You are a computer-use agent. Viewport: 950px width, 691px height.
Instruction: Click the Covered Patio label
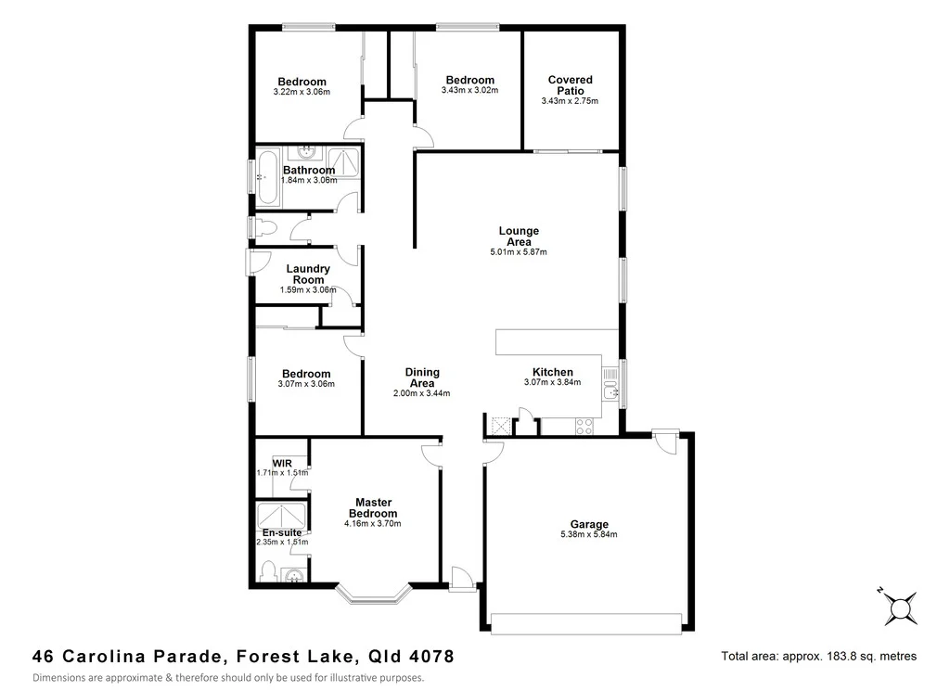[570, 85]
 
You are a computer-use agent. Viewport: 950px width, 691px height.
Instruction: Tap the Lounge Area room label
[519, 237]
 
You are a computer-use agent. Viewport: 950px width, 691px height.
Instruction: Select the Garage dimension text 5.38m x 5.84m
[588, 534]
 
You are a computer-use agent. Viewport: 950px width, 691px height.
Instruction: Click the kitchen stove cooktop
[585, 427]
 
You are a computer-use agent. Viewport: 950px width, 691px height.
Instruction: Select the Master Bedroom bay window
[373, 595]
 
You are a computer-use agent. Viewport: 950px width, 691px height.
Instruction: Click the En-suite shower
[282, 515]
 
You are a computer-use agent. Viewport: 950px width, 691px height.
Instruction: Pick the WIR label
[282, 463]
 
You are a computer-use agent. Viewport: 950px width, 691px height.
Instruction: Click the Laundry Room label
[308, 275]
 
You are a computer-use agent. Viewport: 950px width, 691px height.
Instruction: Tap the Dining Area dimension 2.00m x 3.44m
[421, 393]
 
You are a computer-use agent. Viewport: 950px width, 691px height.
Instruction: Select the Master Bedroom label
[372, 508]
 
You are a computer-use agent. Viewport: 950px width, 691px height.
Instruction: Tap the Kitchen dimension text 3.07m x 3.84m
[552, 382]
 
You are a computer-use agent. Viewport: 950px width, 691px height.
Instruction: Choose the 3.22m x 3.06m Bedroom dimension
[302, 92]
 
